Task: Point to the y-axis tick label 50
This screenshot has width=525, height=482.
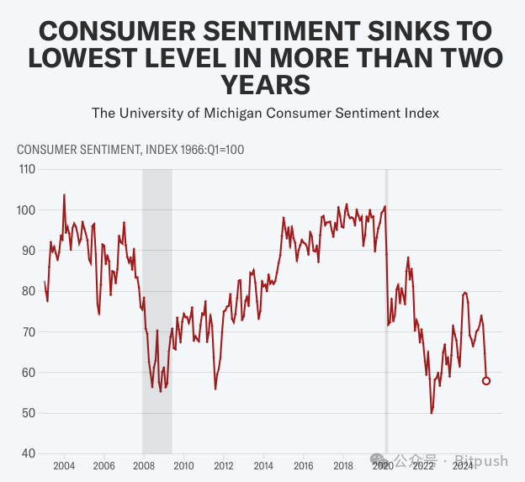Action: (29, 413)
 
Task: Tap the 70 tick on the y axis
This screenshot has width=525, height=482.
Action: (29, 331)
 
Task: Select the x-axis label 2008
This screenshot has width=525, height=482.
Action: (144, 465)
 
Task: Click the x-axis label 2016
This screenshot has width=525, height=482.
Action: (303, 465)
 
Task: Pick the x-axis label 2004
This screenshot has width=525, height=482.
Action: (64, 465)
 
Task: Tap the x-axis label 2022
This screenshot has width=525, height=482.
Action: (422, 465)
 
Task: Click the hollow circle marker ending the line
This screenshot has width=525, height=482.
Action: (486, 380)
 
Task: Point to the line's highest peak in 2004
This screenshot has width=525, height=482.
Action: (64, 195)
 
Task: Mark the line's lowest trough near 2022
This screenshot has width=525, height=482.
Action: (432, 412)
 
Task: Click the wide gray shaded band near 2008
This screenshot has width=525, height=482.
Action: (156, 311)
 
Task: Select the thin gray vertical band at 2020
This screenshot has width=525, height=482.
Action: (386, 311)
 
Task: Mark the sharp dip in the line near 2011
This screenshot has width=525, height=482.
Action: (215, 388)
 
